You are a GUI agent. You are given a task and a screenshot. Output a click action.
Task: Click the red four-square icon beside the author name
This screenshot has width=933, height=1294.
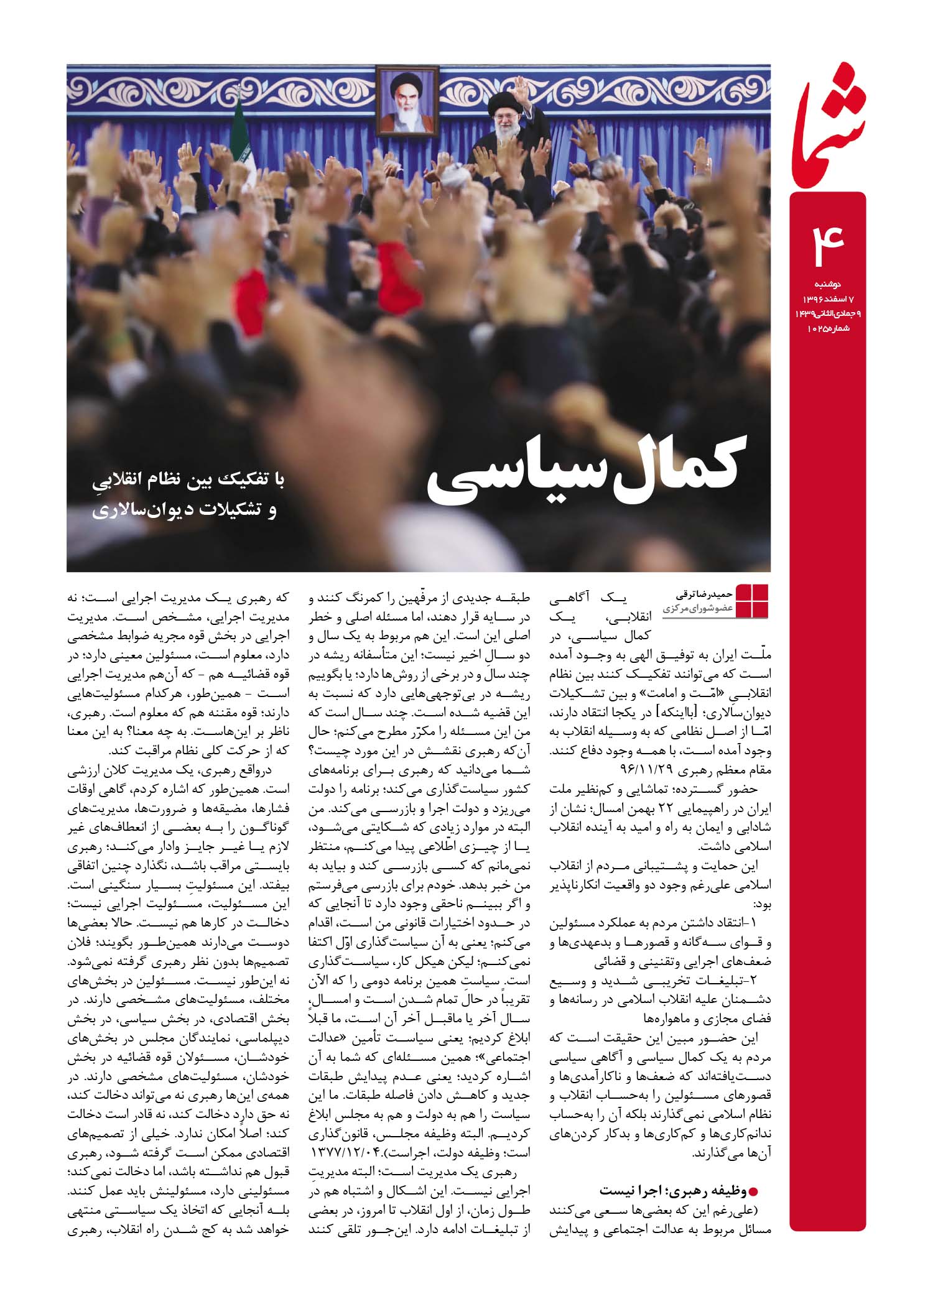tap(752, 601)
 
